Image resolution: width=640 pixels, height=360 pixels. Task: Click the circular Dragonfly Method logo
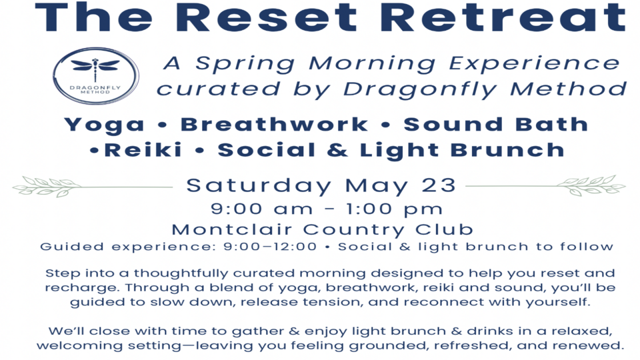click(x=95, y=75)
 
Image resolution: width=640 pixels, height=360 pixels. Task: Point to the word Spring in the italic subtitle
click(x=243, y=64)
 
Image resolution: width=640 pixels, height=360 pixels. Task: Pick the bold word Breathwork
click(x=274, y=125)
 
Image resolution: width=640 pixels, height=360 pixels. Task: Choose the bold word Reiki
click(x=143, y=150)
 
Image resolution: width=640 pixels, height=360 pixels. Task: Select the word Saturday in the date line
click(x=259, y=185)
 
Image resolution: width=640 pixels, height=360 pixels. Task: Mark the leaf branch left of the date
click(x=47, y=185)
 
